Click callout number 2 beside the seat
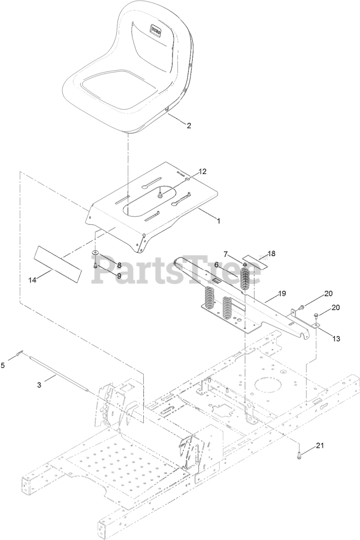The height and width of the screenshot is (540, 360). coord(189,125)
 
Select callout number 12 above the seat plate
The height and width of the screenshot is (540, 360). coord(203,171)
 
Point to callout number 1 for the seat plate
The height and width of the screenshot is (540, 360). coord(218,220)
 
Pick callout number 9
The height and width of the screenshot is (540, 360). coord(119,275)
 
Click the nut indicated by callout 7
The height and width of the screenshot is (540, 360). coord(244,264)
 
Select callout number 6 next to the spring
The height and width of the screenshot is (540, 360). coord(216,264)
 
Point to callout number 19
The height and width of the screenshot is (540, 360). coord(282,293)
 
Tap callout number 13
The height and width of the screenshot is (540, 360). coord(336,338)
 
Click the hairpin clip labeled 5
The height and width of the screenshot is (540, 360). coord(19,353)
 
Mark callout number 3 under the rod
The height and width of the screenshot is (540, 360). coord(39,385)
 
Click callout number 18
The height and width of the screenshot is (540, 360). coord(271,254)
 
